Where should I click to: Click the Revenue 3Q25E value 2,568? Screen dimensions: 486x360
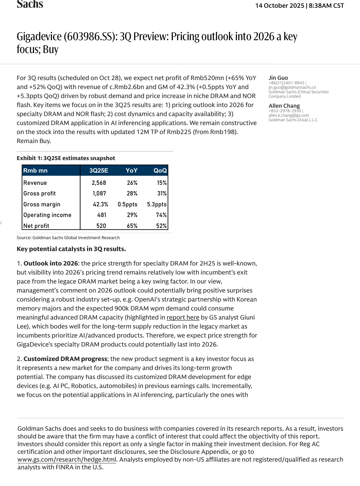(99, 183)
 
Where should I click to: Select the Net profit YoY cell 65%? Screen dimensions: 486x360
(132, 226)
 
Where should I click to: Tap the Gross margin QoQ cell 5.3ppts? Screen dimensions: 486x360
(157, 204)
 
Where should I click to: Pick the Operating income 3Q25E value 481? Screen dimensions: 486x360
(101, 215)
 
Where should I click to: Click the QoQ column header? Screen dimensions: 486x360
(160, 171)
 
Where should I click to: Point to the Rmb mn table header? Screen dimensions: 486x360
(35, 171)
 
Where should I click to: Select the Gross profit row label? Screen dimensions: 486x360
(40, 194)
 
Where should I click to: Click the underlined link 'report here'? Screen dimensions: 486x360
(183, 318)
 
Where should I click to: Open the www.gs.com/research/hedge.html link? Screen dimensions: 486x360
(67, 460)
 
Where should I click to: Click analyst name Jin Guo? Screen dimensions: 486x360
(278, 78)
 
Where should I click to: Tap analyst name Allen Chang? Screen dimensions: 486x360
(284, 106)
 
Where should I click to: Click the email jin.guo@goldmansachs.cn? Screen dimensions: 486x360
(292, 87)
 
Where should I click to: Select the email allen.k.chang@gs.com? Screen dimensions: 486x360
(289, 115)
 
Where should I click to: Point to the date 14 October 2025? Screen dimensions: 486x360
(279, 6)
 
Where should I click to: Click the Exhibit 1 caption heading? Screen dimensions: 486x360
(66, 158)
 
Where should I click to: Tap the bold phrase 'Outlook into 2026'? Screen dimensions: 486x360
(51, 264)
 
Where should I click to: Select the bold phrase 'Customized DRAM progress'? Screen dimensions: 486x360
(65, 359)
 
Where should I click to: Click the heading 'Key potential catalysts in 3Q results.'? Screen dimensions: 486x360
(71, 249)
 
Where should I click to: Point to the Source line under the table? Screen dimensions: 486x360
(68, 238)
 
